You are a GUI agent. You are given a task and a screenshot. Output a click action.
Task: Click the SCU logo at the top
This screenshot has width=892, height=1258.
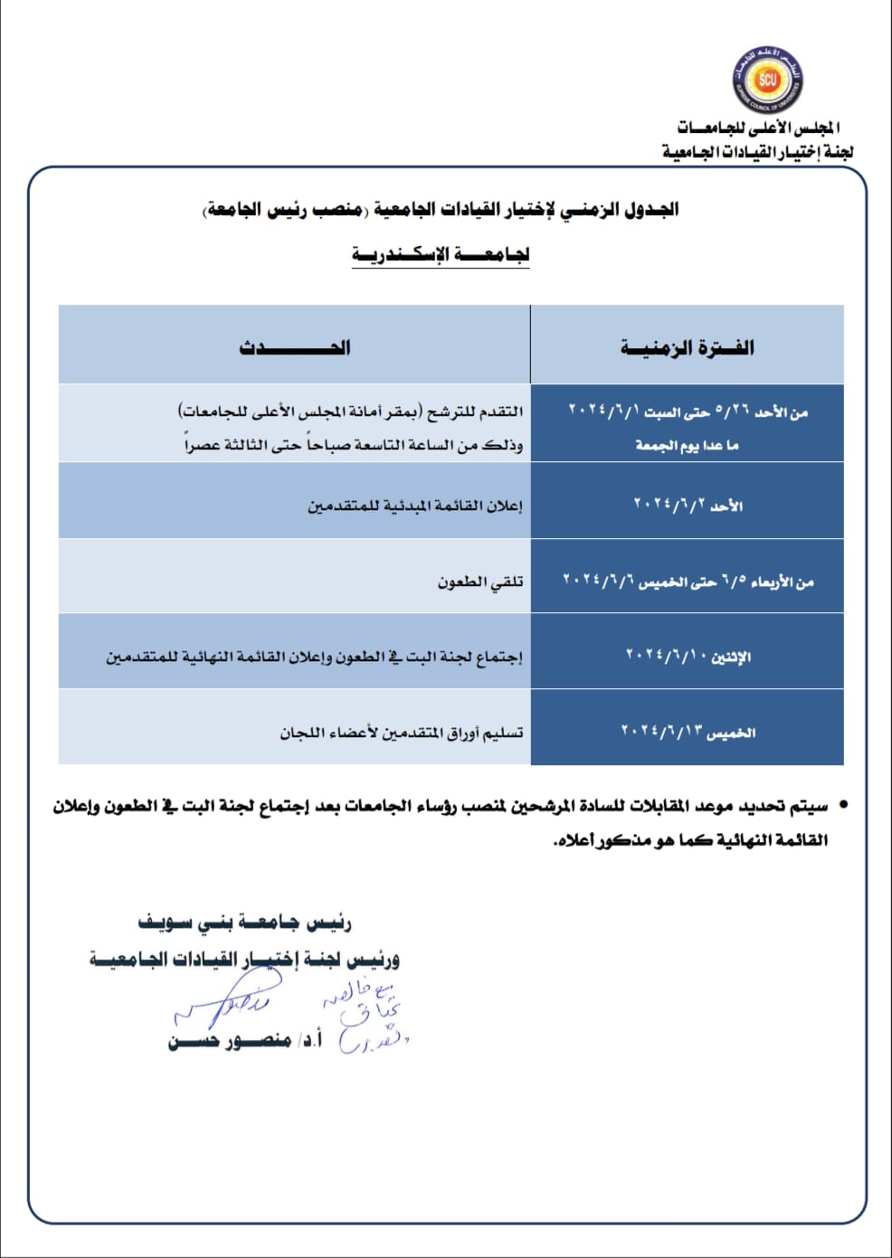coord(767,79)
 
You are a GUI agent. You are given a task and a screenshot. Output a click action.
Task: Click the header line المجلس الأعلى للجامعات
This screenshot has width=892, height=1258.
coord(758,128)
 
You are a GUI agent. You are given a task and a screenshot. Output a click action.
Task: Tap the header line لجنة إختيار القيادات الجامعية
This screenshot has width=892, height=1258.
coord(757,151)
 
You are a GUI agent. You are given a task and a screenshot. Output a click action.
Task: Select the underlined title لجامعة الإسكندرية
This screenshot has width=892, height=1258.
coord(441,254)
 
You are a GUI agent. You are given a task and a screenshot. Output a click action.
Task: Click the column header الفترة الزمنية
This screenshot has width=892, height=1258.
coord(687,347)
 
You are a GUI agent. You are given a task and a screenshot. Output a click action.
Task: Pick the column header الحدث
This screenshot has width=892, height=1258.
coord(295,347)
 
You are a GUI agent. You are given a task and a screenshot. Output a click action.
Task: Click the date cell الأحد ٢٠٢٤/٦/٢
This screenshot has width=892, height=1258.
coord(688,505)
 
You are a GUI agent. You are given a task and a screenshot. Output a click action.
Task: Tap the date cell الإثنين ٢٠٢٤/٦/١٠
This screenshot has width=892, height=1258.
coord(688,656)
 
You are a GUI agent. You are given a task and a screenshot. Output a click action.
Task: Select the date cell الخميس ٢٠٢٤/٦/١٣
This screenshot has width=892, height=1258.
coord(688,731)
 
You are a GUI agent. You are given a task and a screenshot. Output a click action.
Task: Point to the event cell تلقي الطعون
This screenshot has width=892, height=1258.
coord(480,582)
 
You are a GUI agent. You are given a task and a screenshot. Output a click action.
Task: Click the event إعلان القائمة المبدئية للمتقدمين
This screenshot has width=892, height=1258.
coord(414,506)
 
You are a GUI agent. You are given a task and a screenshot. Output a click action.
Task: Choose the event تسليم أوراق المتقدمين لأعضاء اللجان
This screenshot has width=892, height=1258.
coord(401,732)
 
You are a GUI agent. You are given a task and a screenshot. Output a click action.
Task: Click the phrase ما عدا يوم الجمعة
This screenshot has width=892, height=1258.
coord(687,445)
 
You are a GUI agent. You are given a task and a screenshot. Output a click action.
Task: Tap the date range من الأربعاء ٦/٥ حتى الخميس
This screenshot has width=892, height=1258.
coord(688,581)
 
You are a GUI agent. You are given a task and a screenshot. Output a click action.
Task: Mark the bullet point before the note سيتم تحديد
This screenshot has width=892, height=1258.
coord(843,804)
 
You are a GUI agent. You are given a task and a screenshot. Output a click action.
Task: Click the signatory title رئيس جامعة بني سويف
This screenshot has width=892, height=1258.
coord(244,923)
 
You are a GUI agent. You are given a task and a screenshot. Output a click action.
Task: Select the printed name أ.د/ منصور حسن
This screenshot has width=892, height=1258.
coord(244,1041)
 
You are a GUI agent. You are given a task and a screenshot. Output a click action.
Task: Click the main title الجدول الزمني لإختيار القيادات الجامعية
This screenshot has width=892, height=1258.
coord(441,210)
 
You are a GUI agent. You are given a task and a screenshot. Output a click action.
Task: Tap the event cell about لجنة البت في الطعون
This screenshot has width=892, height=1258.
coord(314,657)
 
